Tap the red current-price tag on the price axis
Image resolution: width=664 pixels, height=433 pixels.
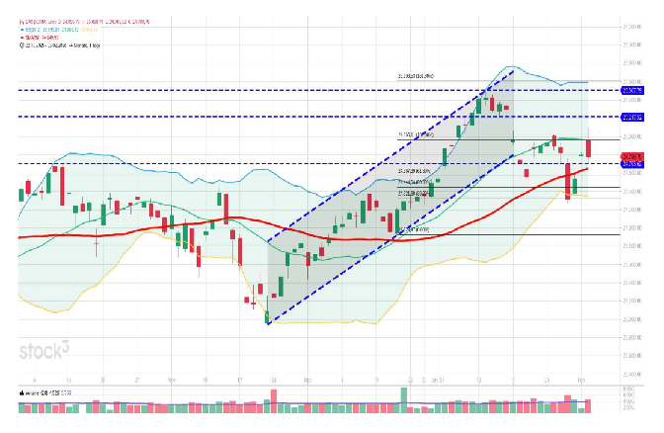pos(632,156)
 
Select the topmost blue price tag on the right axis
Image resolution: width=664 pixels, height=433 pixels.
pos(632,90)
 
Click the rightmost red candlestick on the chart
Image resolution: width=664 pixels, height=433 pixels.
pos(589,147)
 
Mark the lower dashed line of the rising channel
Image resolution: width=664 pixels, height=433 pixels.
pos(395,238)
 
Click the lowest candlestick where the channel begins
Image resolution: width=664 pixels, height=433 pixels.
pos(268,316)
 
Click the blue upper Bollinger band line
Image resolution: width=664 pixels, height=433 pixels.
pos(99,155)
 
